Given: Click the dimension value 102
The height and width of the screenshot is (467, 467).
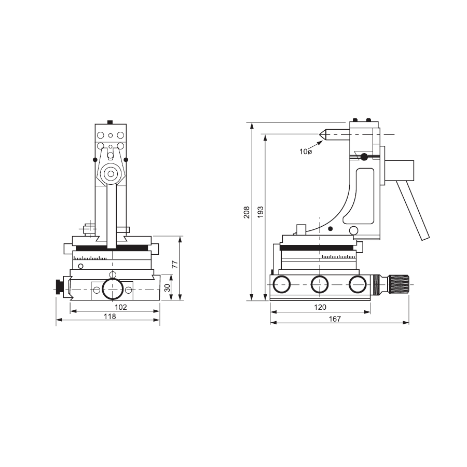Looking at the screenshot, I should pos(120,307).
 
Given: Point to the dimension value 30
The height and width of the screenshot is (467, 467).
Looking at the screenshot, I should pos(167,288).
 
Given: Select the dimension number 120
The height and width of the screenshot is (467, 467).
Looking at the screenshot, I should pos(321,307).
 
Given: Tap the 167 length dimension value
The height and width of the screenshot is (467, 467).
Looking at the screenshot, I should pos(335,319).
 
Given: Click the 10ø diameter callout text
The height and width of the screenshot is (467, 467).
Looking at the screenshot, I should pos(306,152).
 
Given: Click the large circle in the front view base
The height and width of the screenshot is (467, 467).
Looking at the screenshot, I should pos(113,289).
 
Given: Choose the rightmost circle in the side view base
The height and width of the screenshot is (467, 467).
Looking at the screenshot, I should pos(358,284).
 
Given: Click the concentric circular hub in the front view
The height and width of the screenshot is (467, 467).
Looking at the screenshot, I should pos(110,174).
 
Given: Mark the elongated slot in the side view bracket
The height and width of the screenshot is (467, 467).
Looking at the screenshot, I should pos(365,195).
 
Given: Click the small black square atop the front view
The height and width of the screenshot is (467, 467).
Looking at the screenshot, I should pos(109,122).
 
